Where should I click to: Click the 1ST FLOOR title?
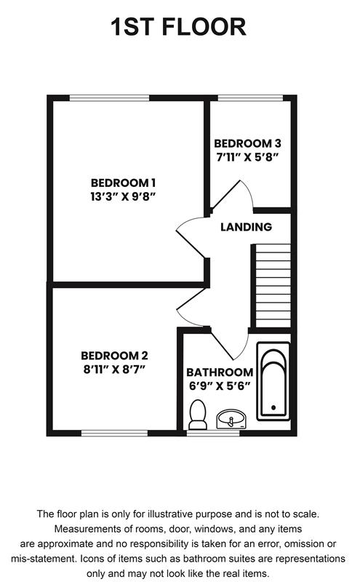178,27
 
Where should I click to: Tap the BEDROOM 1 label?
123,183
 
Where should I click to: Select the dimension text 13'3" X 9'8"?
123,196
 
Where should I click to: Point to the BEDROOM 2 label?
114,356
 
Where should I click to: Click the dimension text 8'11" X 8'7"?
114,370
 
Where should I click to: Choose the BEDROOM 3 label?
247,143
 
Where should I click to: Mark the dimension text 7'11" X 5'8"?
247,157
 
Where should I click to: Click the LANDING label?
246,227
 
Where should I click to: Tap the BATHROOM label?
220,372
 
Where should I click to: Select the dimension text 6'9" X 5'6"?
220,386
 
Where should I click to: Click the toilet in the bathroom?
198,414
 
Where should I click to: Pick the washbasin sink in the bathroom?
231,419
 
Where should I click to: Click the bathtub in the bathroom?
273,381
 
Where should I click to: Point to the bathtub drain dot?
273,407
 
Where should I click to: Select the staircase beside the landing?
273,285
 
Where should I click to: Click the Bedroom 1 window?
110,98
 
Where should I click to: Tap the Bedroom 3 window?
250,98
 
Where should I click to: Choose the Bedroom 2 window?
115,433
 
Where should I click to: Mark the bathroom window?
213,433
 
